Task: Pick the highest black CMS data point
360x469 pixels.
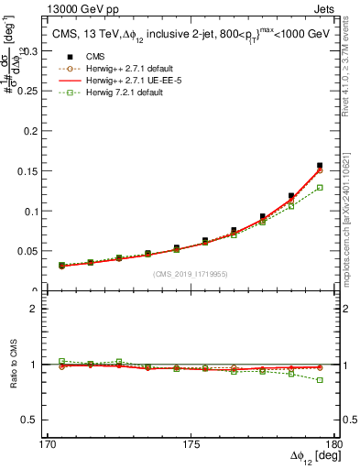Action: (x=319, y=166)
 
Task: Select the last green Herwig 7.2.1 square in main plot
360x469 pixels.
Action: (x=319, y=188)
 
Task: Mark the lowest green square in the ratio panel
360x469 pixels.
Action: (x=319, y=379)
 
